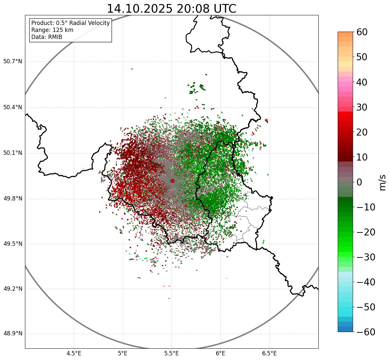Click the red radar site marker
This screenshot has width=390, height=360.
(x=172, y=181)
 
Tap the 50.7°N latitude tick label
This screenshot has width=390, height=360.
(x=12, y=62)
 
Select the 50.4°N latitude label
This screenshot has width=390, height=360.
(x=12, y=108)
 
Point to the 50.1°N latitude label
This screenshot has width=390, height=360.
(x=12, y=153)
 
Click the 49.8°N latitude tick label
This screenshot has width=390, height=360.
(x=12, y=199)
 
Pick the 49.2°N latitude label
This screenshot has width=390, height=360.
(x=12, y=289)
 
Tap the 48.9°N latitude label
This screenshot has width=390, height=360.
(x=12, y=334)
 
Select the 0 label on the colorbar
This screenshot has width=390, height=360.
(x=359, y=182)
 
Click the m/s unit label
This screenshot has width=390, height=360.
(x=382, y=182)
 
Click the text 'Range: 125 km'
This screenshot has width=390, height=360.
(x=52, y=30)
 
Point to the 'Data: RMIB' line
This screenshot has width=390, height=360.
(x=47, y=37)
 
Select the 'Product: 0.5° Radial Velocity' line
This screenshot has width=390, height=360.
(x=70, y=23)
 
